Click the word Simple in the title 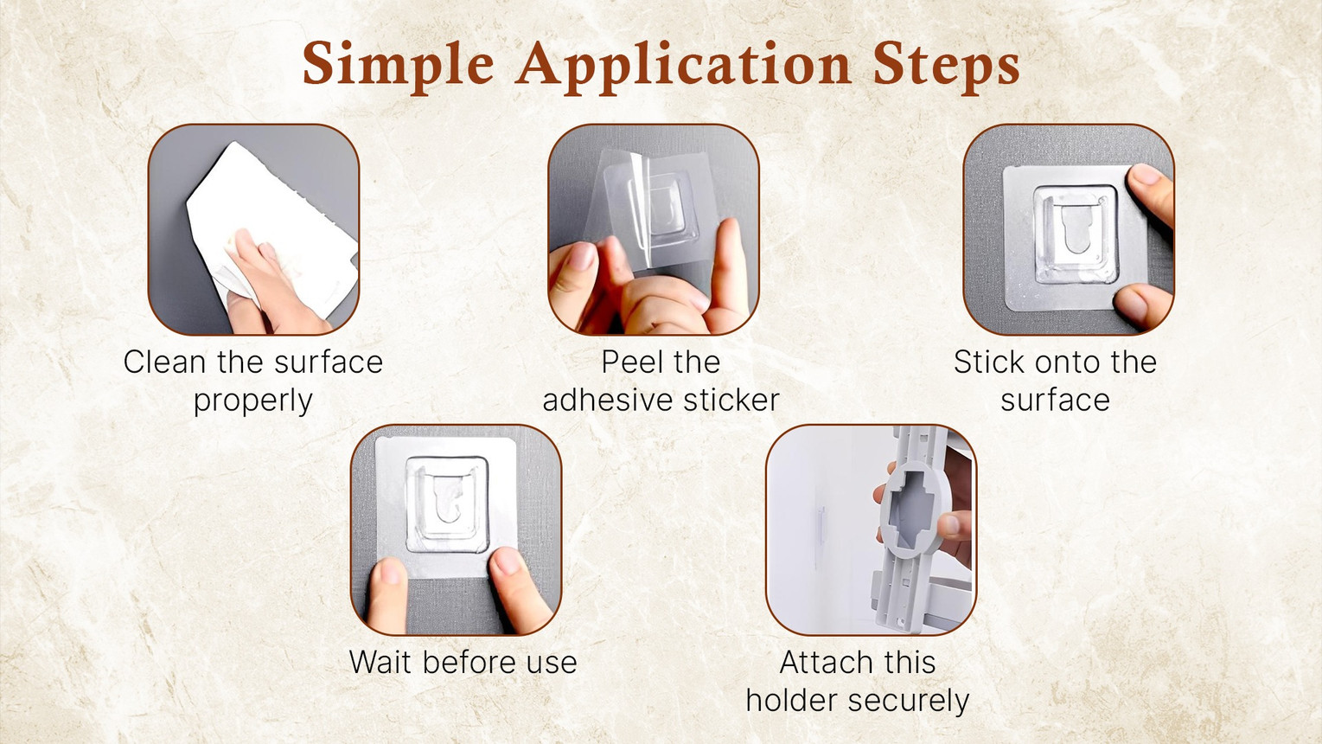399,64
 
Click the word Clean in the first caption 164,362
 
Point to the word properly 252,402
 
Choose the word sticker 731,400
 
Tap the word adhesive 608,400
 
